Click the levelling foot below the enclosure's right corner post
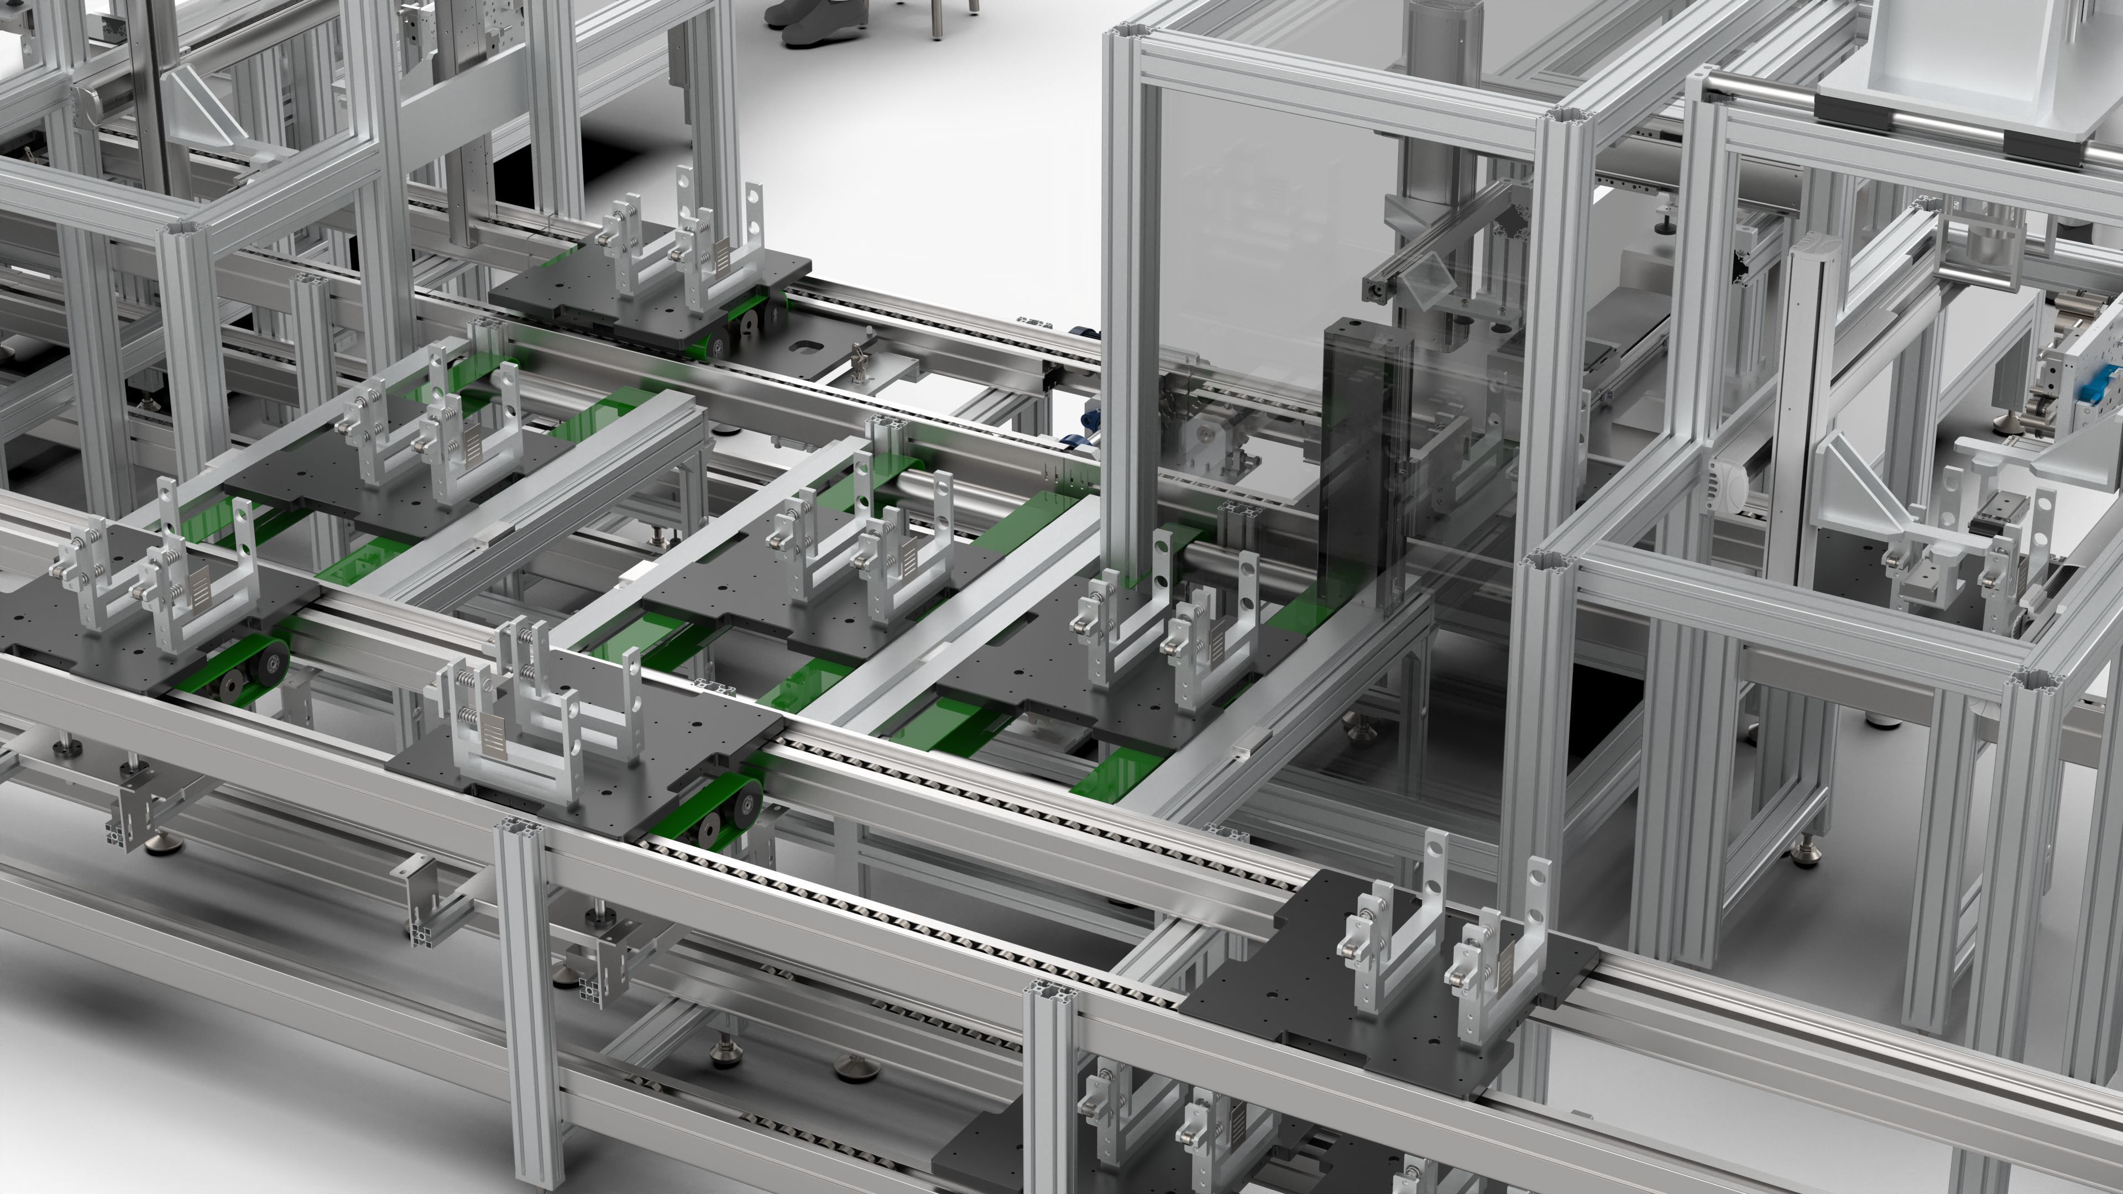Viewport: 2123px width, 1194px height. (1805, 849)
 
